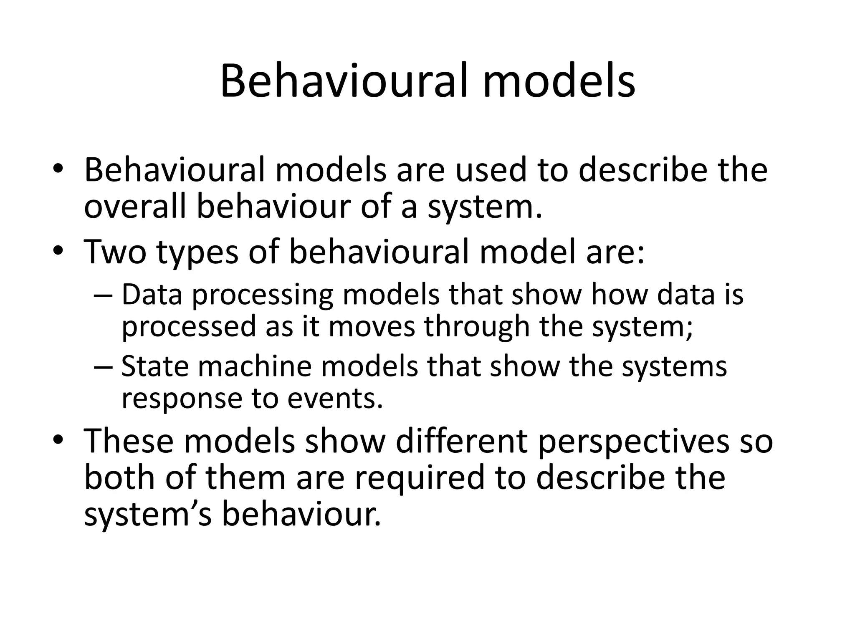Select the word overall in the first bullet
(x=134, y=207)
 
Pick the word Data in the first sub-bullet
(x=152, y=294)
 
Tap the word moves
(x=372, y=326)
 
